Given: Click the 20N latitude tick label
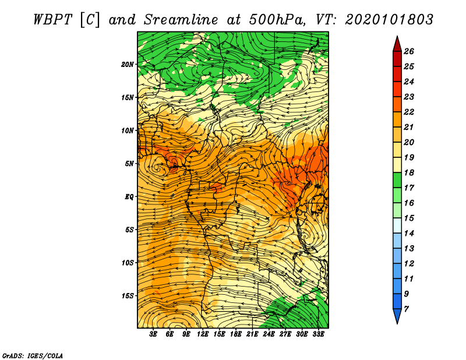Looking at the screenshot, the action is point(128,65).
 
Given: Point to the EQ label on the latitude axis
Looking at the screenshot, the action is point(129,197).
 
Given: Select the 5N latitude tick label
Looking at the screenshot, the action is point(129,164).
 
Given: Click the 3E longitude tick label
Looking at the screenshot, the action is point(153,334).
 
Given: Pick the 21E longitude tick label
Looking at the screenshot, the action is point(252,334).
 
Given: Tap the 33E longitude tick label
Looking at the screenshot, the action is point(318,334).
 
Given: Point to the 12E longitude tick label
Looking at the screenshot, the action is point(202,334).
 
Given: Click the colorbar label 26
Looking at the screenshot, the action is point(409,51).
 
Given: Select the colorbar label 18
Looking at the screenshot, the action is point(409,172).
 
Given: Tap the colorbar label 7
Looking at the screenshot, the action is point(406,309).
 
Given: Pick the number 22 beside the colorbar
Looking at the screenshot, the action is point(409,112).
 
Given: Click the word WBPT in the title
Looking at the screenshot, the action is point(52,20).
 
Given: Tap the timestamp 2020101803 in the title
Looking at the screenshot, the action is point(389,20).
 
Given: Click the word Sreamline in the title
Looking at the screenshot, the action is point(181,20).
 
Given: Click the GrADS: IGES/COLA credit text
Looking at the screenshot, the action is point(33,356).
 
